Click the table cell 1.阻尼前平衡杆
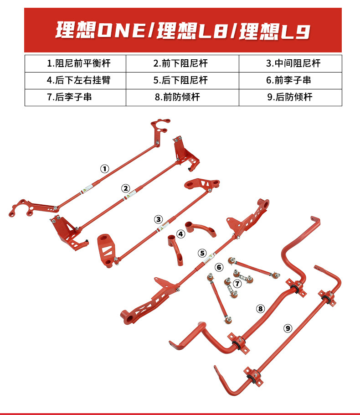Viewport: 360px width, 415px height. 75,63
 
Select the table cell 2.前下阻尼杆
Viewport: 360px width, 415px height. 182,63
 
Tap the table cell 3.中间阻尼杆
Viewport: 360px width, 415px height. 290,63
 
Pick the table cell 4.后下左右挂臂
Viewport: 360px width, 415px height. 75,80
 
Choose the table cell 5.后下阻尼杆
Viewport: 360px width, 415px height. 182,80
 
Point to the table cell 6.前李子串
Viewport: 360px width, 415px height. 290,80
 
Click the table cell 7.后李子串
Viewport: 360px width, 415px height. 75,97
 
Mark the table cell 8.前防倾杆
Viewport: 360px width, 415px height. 182,97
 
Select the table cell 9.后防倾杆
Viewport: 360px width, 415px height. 290,97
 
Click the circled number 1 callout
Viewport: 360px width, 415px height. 105,169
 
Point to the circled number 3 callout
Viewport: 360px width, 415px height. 158,219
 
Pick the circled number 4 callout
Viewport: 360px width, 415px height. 181,234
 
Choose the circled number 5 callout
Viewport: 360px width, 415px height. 202,253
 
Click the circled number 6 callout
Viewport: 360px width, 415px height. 219,267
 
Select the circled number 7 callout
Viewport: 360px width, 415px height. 237,284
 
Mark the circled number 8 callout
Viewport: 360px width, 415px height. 260,309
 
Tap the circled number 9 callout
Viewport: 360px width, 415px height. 288,327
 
